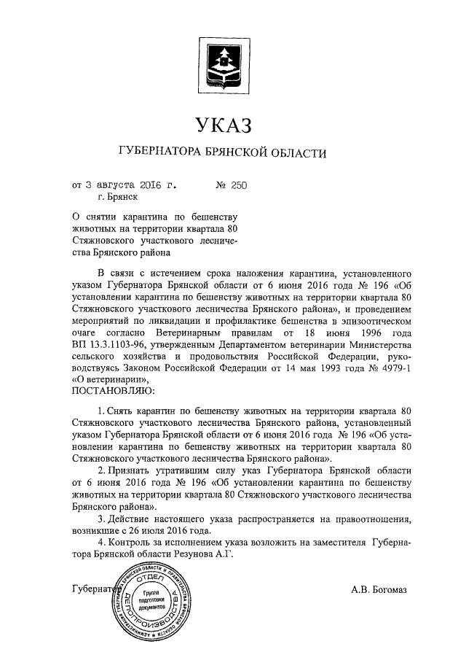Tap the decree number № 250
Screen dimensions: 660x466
pos(232,185)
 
